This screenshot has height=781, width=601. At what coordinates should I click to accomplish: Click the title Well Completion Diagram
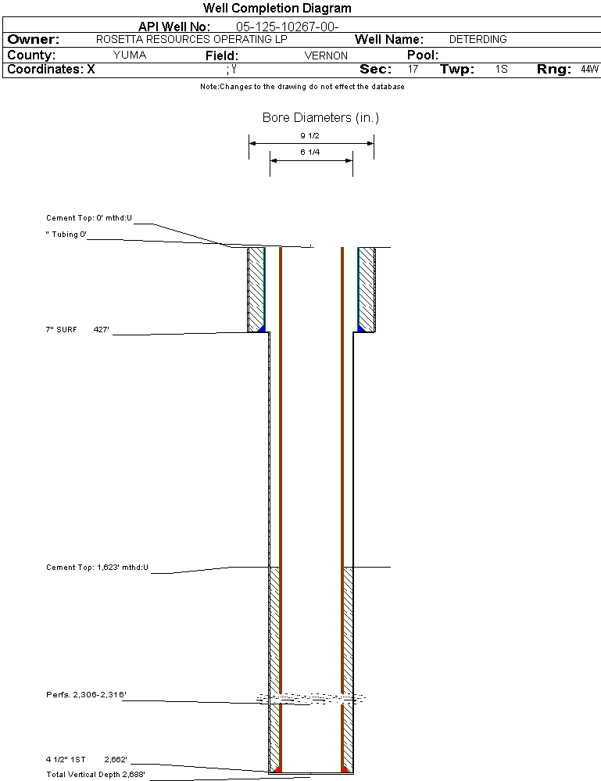coord(277,9)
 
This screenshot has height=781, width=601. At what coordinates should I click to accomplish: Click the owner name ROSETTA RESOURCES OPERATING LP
coord(191,39)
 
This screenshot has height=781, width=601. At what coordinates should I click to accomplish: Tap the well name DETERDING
coord(478,39)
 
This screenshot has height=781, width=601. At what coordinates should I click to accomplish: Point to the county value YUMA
coord(130,56)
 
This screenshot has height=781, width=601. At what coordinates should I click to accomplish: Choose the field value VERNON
coord(326,56)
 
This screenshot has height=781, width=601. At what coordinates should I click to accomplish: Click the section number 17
coord(413,70)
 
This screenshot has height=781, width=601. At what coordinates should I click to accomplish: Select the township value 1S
coord(501,70)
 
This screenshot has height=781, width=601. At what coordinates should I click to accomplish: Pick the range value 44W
coord(589,70)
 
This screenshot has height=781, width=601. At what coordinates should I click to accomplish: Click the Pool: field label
coord(423,56)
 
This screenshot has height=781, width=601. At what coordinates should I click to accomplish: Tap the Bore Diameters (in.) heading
coord(320,118)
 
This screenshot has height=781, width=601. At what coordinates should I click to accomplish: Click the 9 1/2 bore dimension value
coord(310,135)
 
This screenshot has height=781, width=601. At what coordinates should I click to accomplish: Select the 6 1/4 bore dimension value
coord(310,152)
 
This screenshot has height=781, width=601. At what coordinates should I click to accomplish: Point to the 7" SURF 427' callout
coord(77,330)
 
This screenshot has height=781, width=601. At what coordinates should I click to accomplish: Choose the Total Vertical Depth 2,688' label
coord(95,775)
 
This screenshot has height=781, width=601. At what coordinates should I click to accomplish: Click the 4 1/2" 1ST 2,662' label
coord(86,759)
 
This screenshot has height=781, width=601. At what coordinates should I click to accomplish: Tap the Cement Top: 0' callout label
coord(89,218)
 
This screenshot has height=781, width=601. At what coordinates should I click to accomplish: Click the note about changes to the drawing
coord(302,87)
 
